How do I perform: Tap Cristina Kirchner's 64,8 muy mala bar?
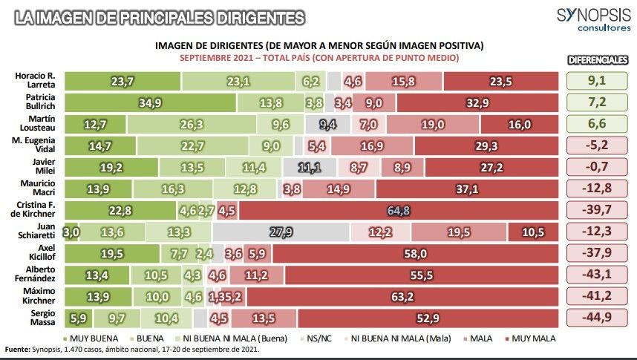pos(399,211)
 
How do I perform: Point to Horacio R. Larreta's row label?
pos(35,82)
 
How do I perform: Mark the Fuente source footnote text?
pos(134,350)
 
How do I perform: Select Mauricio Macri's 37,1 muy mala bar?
pos(466,189)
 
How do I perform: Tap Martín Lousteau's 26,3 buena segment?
pos(192,125)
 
